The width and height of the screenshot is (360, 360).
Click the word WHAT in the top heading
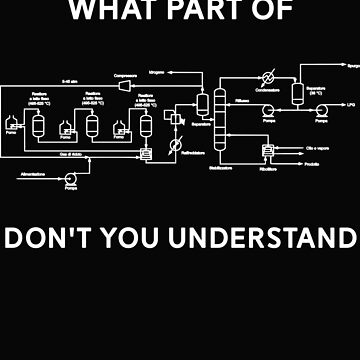[129, 12]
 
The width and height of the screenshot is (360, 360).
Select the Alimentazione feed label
[36, 176]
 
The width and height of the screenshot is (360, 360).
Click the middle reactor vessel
[93, 124]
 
